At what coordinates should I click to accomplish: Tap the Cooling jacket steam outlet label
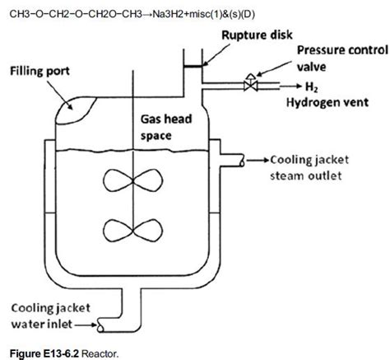[318, 166]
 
